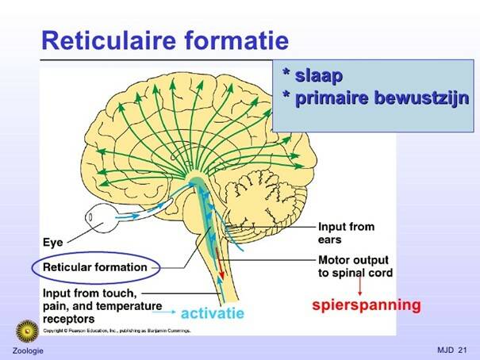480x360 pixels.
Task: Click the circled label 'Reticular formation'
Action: pos(94,267)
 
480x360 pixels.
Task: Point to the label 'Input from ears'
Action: pos(346,232)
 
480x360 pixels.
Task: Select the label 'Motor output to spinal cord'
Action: pos(355,266)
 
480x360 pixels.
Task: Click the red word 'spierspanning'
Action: pos(365,304)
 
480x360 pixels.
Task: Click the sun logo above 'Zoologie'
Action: pos(28,331)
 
